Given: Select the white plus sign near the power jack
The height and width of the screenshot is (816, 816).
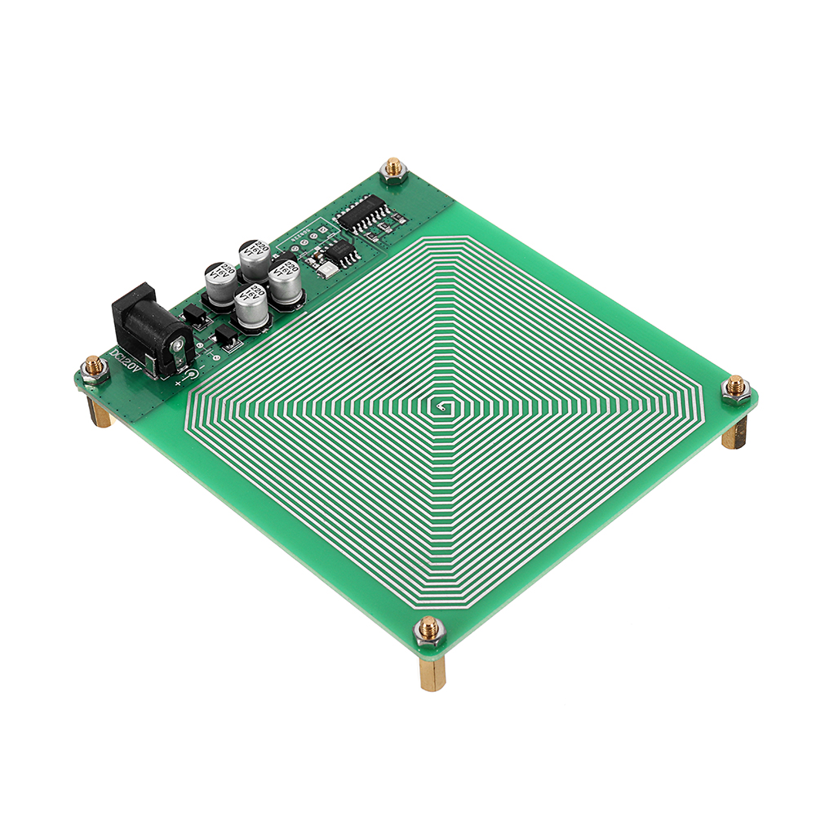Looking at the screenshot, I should click(177, 381).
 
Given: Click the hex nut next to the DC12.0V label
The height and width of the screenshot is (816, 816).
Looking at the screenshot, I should click(95, 369).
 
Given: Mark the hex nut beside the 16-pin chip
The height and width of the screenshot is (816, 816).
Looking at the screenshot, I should click(393, 171).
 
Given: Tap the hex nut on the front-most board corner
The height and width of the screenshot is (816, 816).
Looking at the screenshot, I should click(428, 630).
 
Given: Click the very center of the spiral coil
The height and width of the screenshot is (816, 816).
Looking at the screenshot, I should click(439, 406).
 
